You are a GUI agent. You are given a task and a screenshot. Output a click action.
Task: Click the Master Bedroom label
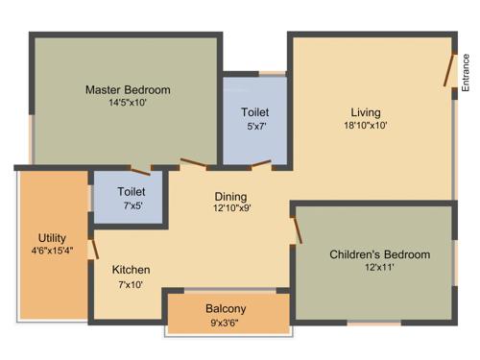point(128,90)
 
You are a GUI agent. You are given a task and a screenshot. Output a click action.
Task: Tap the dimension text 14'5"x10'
point(128,104)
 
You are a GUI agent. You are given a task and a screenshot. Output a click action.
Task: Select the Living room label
point(365,110)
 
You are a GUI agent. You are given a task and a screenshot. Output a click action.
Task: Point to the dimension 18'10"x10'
point(365,125)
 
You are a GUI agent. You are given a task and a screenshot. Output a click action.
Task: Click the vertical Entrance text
point(466,73)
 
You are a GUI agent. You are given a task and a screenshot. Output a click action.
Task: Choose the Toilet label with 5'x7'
point(254,111)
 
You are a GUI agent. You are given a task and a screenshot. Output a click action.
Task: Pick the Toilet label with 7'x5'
point(131,191)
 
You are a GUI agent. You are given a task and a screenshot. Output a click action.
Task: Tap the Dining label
point(231,195)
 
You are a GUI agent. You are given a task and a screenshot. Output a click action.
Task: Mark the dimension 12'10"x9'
point(231,208)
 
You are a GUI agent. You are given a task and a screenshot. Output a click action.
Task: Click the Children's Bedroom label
point(379,254)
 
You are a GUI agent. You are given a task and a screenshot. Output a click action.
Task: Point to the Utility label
point(52,238)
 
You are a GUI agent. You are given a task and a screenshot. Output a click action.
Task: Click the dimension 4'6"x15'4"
point(52,252)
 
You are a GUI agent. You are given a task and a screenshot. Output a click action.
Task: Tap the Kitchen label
point(131,270)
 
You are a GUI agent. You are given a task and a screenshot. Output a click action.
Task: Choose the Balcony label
point(226,309)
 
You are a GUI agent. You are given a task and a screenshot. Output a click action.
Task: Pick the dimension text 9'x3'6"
point(226,323)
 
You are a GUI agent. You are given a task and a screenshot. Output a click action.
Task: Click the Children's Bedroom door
point(299,230)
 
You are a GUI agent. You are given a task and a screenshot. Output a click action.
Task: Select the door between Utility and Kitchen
point(93,248)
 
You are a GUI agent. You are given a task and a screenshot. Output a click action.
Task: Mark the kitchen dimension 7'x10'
point(131,284)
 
